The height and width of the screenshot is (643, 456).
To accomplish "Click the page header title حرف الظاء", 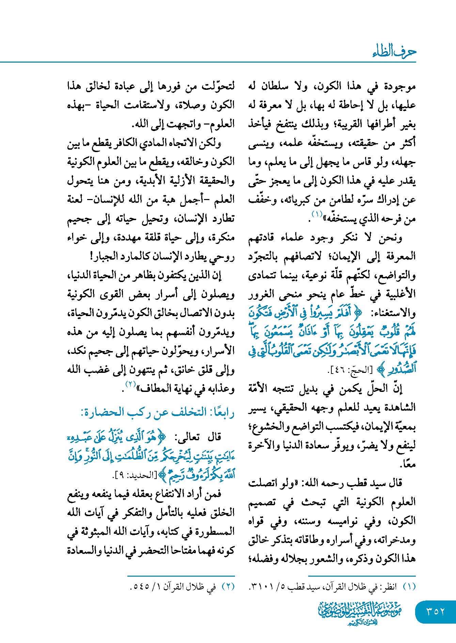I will [x=394, y=52].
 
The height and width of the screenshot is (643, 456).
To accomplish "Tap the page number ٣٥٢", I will [x=435, y=612].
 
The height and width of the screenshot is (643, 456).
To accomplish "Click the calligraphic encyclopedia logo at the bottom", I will [x=360, y=613].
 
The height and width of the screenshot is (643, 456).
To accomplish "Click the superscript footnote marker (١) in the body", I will [x=317, y=214].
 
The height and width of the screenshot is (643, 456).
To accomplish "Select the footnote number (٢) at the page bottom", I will [x=228, y=587].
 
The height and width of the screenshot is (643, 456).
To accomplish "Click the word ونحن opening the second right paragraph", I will [x=390, y=237].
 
